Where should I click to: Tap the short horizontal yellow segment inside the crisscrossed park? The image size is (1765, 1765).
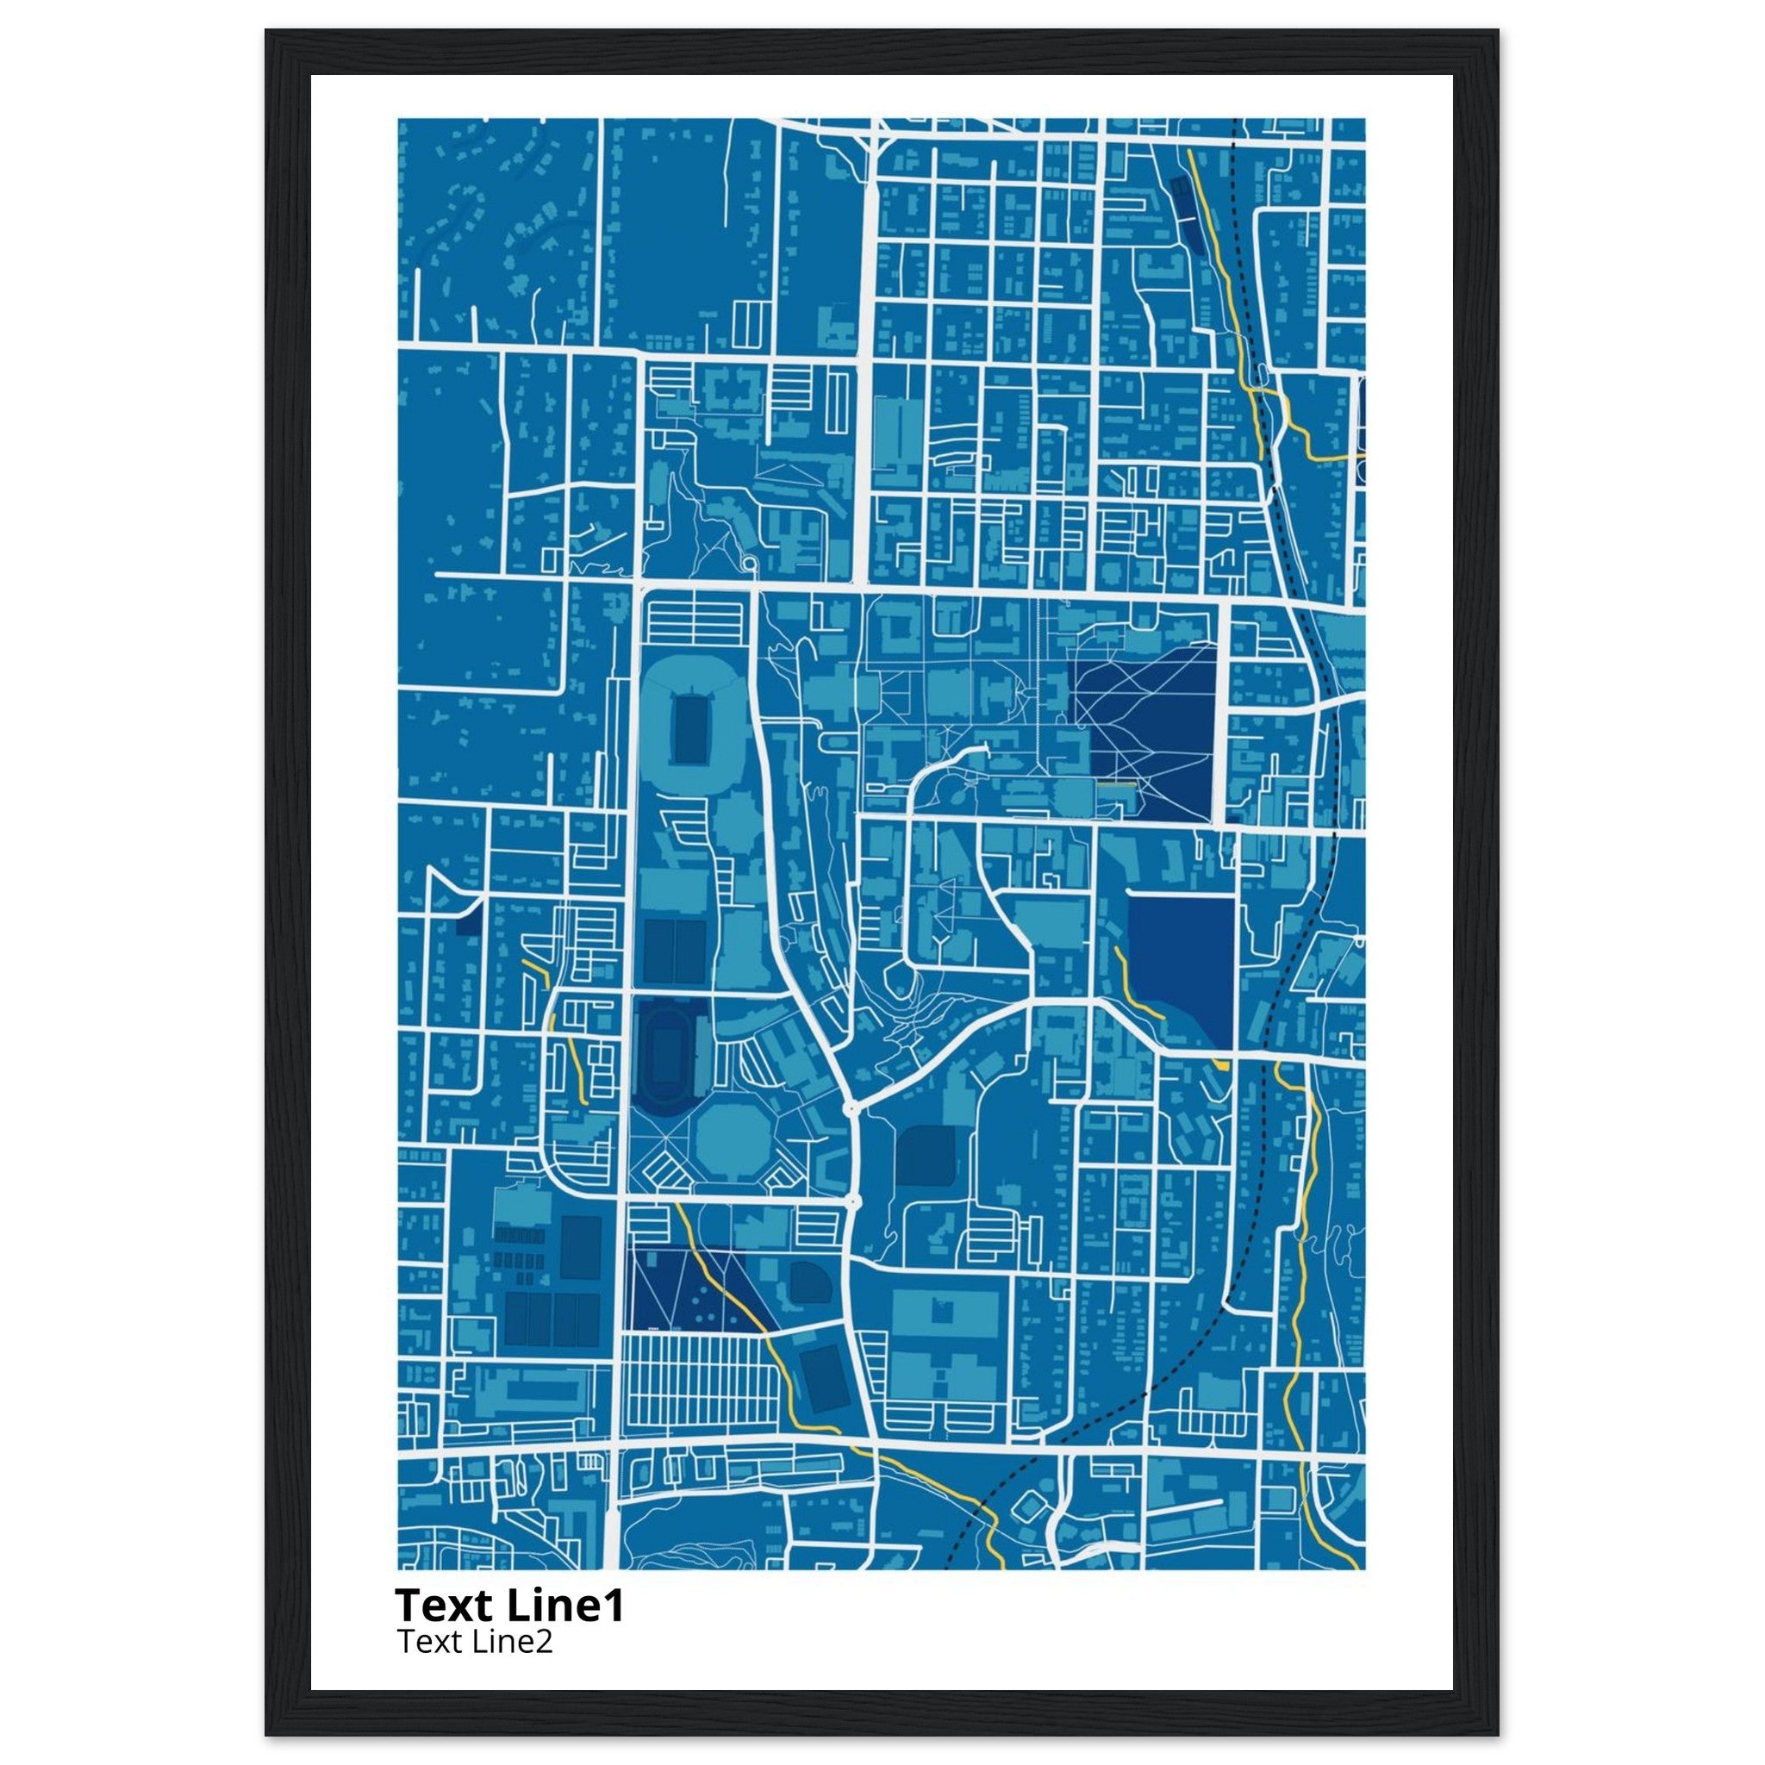1115,785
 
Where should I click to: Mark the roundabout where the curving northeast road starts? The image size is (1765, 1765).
851,1107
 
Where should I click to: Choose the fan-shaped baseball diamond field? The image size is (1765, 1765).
808,1280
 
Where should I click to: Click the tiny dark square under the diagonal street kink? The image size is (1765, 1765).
468,924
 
